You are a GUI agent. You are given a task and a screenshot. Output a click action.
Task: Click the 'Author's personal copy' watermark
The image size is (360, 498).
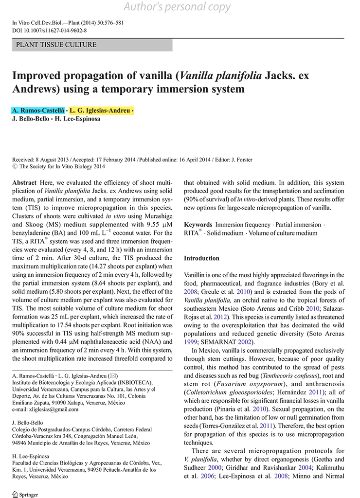178,7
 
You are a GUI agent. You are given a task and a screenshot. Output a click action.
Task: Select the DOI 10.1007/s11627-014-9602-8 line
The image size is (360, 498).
49,30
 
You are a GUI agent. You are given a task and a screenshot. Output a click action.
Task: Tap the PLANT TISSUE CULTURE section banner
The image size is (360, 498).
56,45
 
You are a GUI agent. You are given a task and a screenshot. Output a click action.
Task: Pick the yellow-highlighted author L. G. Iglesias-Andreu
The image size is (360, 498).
100,111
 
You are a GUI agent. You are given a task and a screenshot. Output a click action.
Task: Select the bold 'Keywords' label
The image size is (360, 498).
198,225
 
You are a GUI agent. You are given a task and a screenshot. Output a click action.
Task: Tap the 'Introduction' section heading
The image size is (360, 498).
201,258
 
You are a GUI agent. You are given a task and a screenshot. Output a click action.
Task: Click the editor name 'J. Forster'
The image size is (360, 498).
241,160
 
